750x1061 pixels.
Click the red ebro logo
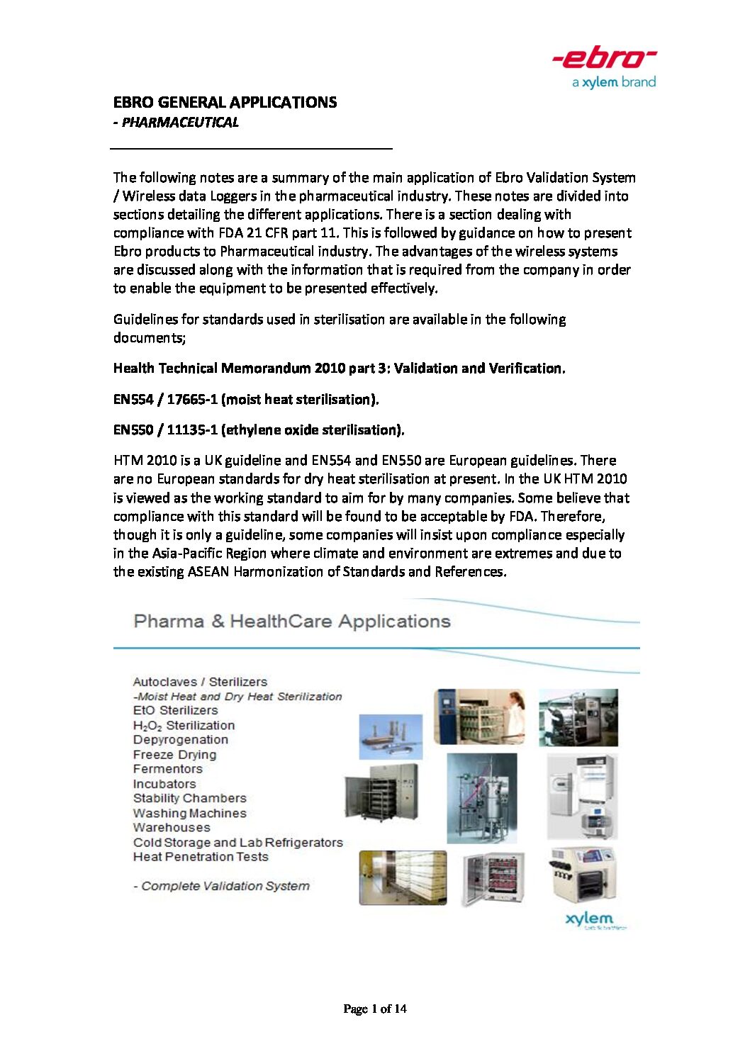[604, 58]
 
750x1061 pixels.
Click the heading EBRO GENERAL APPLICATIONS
[225, 102]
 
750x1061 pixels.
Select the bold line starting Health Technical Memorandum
[339, 369]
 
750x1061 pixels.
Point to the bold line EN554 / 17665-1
[246, 400]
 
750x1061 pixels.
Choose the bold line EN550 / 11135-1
[259, 430]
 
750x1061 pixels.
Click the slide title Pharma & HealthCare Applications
[291, 622]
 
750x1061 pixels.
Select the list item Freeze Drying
[174, 755]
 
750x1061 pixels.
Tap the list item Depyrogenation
[181, 740]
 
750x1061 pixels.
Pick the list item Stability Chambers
[189, 798]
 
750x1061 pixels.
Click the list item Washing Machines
[189, 813]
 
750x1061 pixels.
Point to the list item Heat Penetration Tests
[201, 857]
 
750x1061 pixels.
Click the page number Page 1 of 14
[374, 1009]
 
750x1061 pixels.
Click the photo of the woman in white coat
[479, 717]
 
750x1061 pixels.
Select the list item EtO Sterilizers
[175, 710]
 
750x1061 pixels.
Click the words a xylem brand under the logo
[614, 82]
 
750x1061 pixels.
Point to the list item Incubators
[164, 784]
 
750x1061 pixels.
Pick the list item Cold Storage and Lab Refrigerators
[237, 843]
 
